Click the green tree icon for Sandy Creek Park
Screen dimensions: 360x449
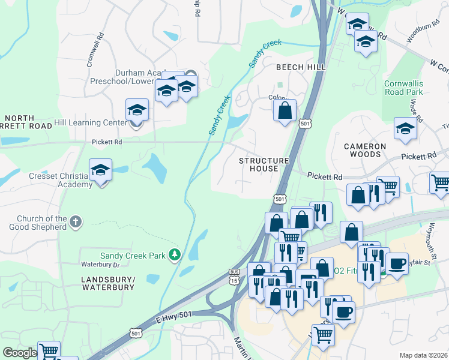[175, 256]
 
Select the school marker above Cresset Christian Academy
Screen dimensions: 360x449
[101, 170]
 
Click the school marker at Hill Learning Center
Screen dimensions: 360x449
[137, 111]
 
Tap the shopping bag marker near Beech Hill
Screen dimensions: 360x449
[285, 110]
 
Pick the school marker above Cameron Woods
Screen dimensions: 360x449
[405, 129]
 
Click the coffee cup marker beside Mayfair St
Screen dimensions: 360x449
[396, 263]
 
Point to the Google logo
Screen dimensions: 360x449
[20, 353]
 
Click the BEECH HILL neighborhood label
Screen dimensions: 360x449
[301, 68]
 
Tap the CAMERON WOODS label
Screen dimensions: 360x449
[365, 150]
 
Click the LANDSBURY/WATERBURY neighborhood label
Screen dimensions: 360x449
[108, 283]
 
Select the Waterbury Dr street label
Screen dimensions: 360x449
[101, 265]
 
